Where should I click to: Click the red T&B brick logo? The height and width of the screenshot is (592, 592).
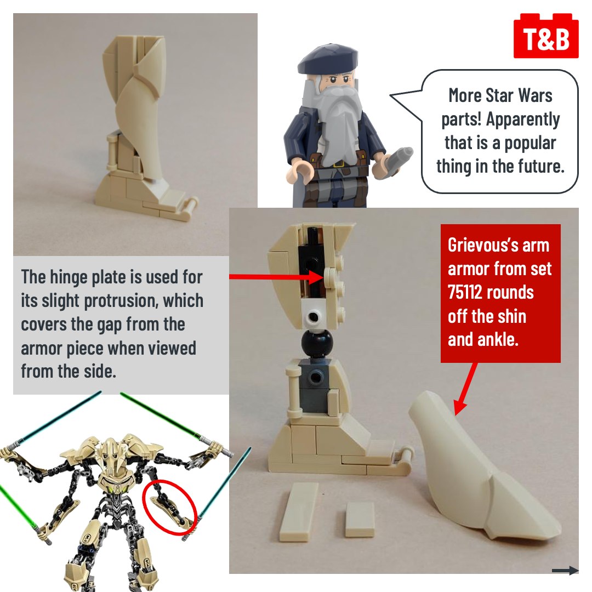tap(545, 36)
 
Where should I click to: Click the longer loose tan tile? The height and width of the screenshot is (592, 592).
tap(299, 511)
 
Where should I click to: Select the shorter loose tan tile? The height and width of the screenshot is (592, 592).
tap(360, 520)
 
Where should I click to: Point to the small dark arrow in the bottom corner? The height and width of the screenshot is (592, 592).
tap(566, 571)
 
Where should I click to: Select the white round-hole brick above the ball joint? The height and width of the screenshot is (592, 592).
tap(312, 316)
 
